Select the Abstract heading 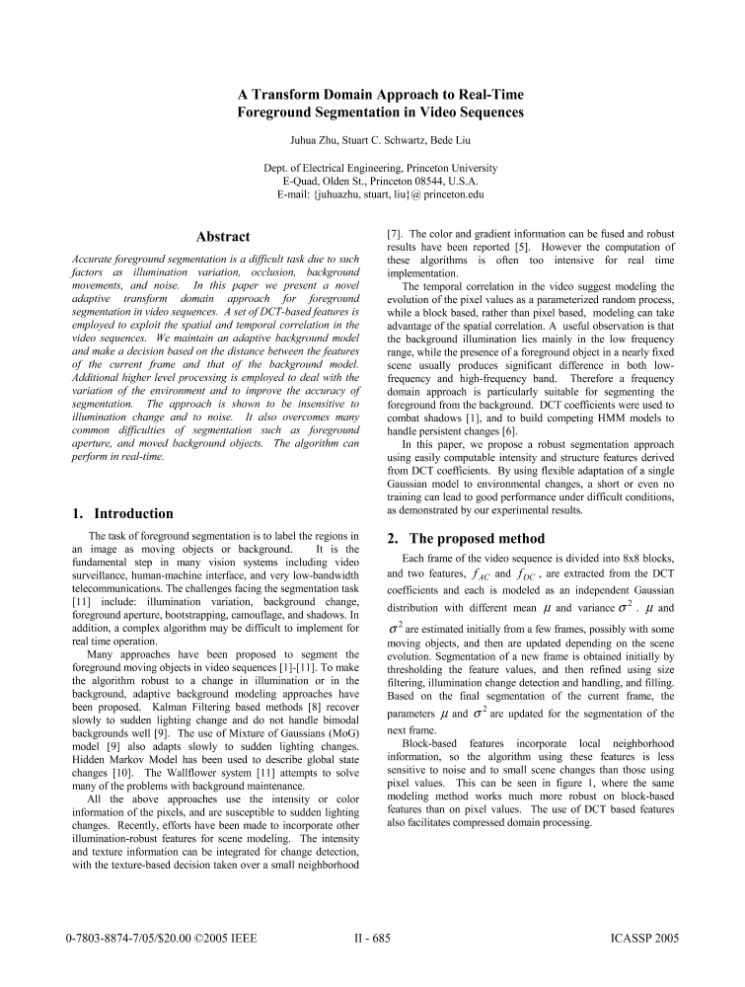click(223, 237)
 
